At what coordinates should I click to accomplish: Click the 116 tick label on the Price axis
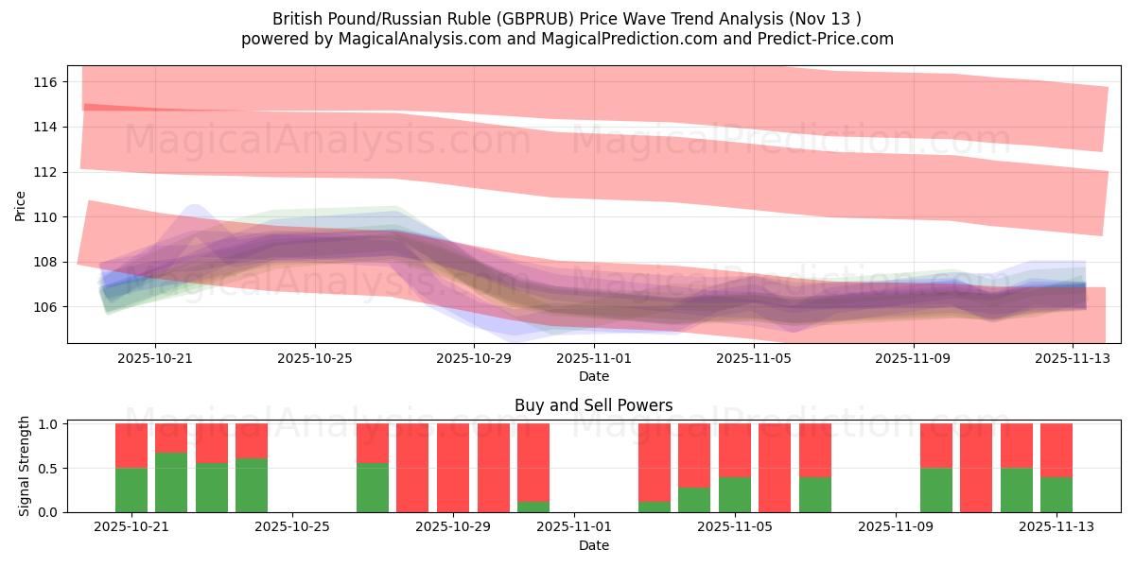[45, 82]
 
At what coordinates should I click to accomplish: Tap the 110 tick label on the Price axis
[45, 217]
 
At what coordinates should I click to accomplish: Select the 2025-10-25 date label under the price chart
[315, 359]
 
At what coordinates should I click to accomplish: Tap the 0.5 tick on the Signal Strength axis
[45, 468]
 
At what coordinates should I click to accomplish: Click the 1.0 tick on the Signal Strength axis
[45, 424]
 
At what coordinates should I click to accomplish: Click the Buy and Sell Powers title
[593, 405]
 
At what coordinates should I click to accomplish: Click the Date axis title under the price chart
[593, 376]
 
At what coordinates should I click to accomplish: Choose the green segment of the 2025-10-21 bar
[131, 490]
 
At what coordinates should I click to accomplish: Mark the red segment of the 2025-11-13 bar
[1056, 450]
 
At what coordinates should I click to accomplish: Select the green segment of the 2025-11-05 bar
[735, 494]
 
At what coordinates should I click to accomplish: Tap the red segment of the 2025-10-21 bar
[131, 445]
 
